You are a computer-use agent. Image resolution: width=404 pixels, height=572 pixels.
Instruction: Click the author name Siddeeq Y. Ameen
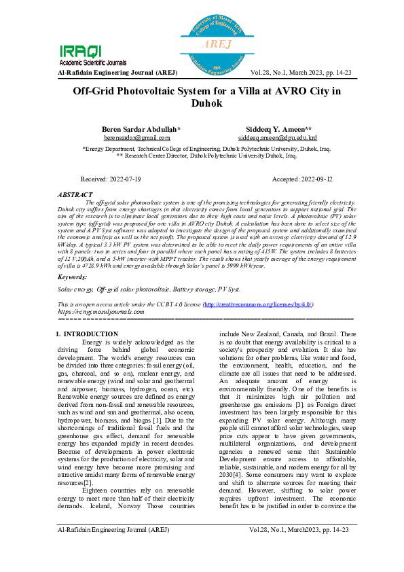278,129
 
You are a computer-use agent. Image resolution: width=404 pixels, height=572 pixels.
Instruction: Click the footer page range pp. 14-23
334,548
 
